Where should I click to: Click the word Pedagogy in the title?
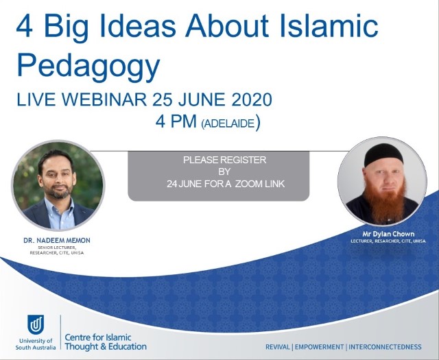tap(88, 66)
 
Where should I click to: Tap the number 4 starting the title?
tap(25, 26)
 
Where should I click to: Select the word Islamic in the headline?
tap(329, 25)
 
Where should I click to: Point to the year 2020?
tap(252, 99)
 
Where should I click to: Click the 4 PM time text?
tap(176, 121)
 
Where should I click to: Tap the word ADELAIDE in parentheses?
tap(228, 123)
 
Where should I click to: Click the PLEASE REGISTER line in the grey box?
tap(224, 160)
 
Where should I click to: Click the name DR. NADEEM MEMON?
tap(57, 241)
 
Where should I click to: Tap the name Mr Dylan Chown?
tap(388, 234)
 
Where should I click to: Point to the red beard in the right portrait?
tap(385, 202)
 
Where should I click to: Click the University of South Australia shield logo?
tap(36, 325)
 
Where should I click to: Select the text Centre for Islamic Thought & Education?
tap(106, 341)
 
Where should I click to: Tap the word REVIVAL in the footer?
tap(278, 347)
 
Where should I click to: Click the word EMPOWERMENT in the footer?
tap(319, 347)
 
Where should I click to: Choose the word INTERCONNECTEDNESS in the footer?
tap(385, 347)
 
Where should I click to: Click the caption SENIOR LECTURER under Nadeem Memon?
tap(57, 248)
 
